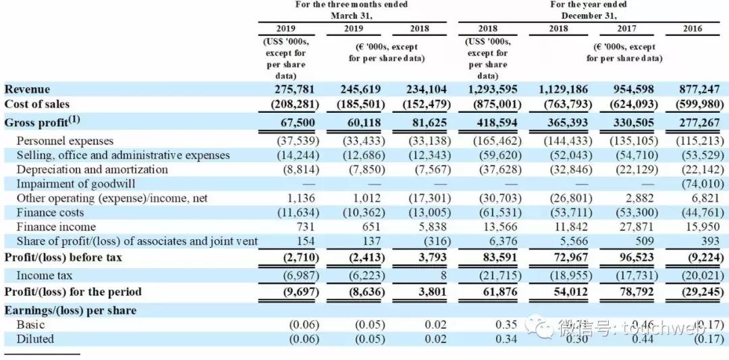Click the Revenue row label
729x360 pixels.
tap(27, 89)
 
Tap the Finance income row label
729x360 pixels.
tap(56, 227)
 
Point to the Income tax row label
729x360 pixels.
tap(45, 276)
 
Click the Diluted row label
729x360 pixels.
tap(35, 339)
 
